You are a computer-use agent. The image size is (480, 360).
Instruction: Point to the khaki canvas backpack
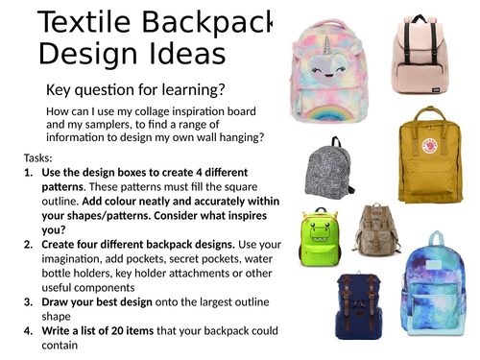(376, 230)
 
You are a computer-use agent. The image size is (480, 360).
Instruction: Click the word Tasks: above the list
(39, 158)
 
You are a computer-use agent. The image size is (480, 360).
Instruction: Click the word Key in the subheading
(60, 90)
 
